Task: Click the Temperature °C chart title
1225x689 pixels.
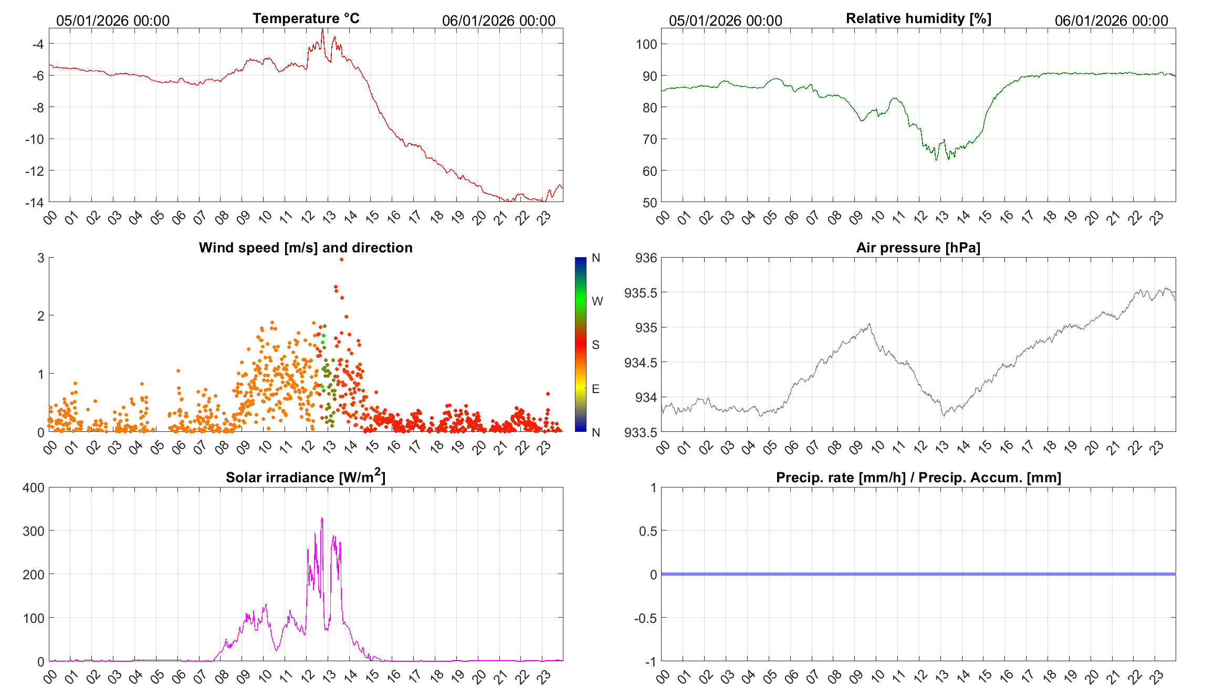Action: click(x=306, y=18)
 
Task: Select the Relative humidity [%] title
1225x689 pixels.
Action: click(x=918, y=18)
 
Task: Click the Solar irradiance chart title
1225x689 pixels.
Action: click(x=306, y=477)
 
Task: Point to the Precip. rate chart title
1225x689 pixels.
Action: click(x=918, y=478)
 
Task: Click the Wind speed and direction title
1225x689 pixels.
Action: click(x=306, y=248)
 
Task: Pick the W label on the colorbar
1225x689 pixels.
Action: click(x=597, y=301)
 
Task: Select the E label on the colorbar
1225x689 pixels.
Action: click(x=595, y=389)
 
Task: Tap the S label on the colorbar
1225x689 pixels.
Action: click(x=595, y=345)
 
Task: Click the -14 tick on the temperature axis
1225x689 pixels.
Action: click(x=35, y=203)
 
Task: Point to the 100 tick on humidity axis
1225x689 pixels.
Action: click(x=646, y=44)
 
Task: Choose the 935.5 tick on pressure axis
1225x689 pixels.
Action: click(x=641, y=293)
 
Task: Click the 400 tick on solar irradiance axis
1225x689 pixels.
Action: click(x=34, y=487)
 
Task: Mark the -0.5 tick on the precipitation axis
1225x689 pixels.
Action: click(x=645, y=618)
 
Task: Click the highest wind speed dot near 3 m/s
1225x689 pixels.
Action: click(x=341, y=259)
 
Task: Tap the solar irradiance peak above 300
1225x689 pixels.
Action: click(x=322, y=518)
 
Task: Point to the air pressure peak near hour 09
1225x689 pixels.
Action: click(x=870, y=324)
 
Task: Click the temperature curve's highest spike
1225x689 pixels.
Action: click(x=322, y=30)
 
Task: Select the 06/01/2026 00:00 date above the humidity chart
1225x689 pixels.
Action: click(x=1111, y=20)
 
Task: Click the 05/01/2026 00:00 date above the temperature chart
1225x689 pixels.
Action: click(x=113, y=20)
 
